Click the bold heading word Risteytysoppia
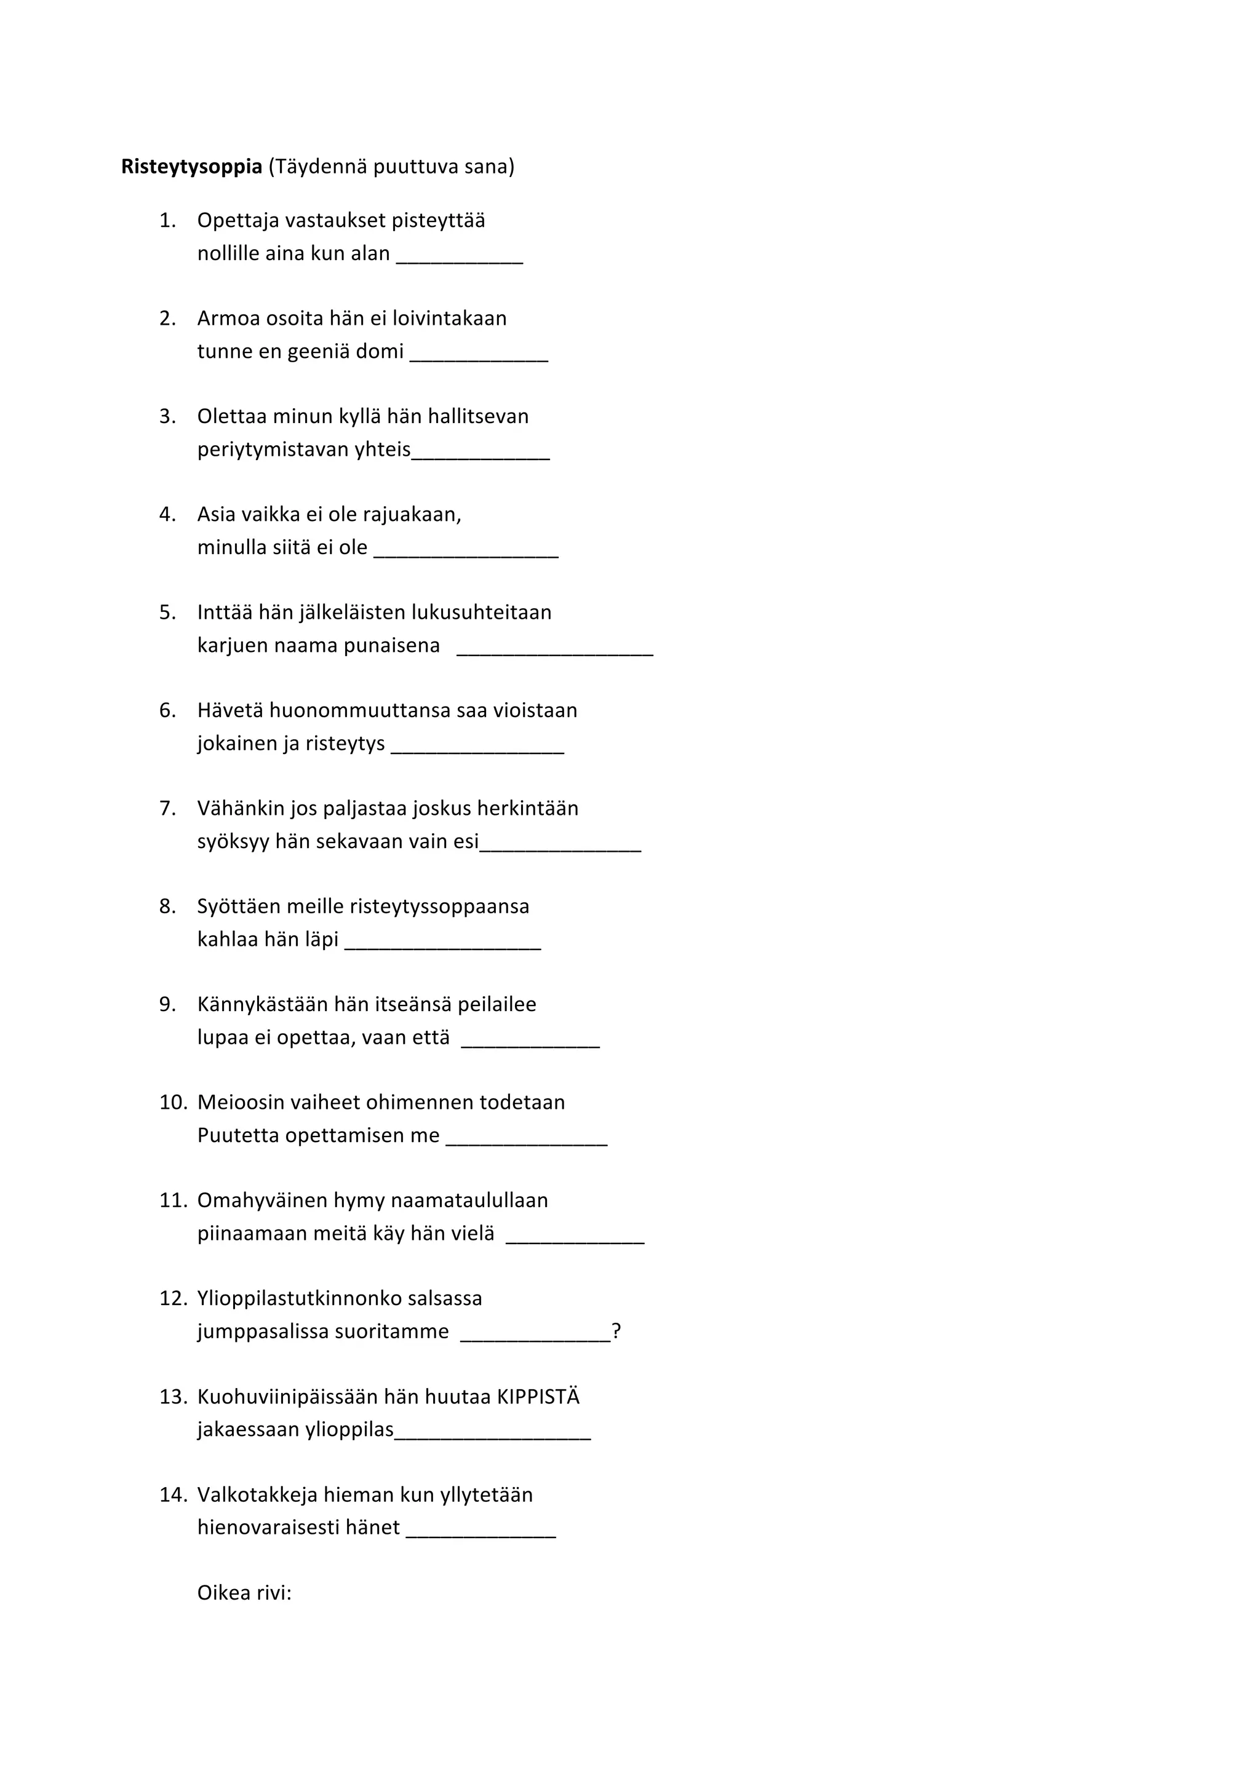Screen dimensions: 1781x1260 [x=191, y=167]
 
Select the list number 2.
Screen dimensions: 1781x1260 [x=167, y=319]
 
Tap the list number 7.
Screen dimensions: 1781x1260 [x=167, y=809]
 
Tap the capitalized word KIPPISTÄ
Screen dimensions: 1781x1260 [x=538, y=1397]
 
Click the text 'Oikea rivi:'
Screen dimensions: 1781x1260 [x=244, y=1593]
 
